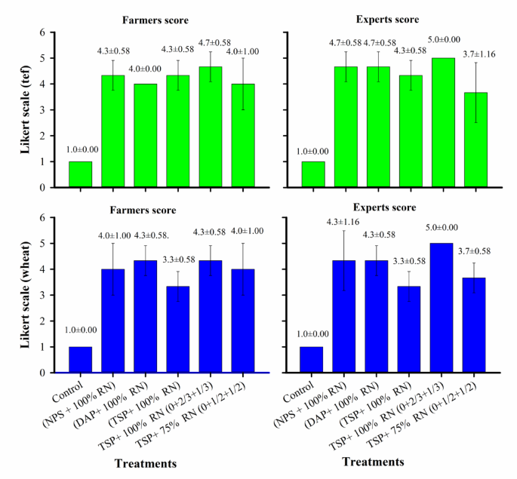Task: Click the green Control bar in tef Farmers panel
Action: tap(80, 174)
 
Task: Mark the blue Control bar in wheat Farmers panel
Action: tap(80, 359)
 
